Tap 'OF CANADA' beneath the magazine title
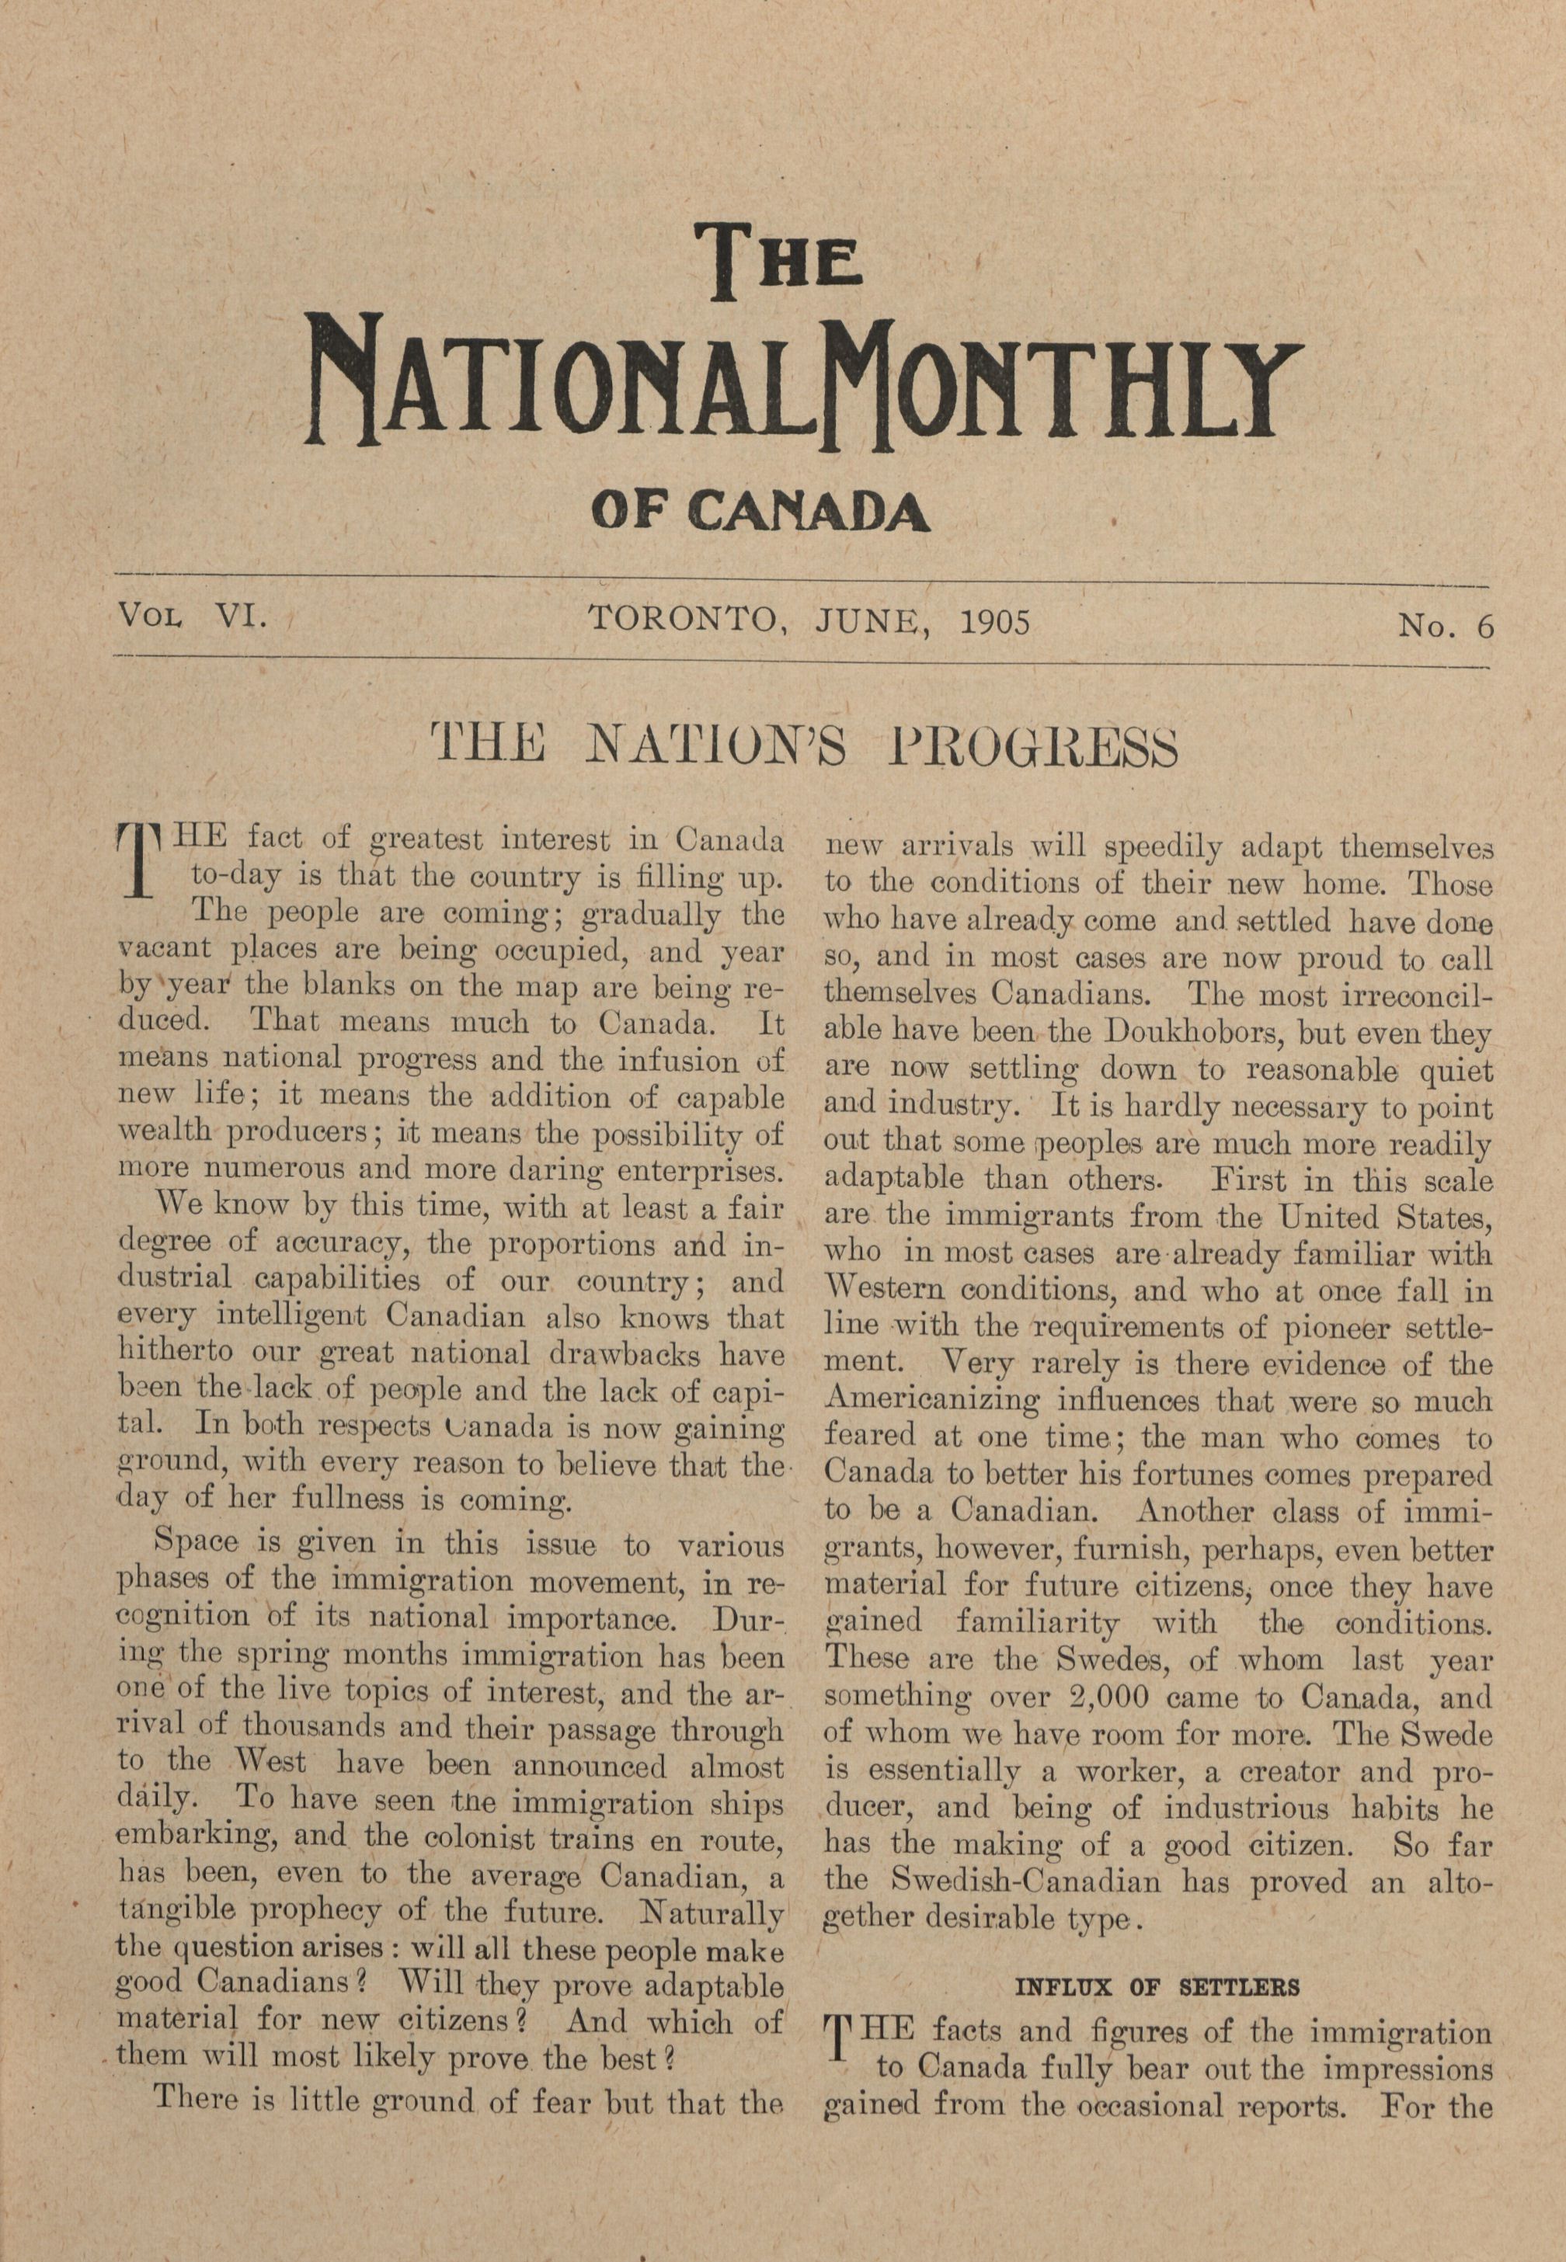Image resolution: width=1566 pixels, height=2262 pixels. point(760,511)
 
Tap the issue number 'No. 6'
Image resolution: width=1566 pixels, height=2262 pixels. point(1446,625)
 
